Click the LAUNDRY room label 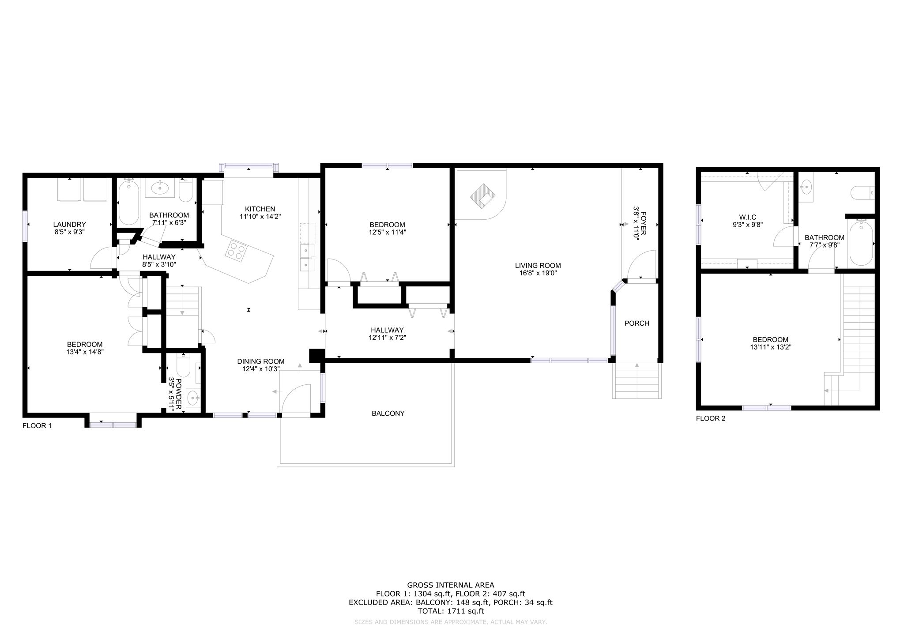pyautogui.click(x=69, y=225)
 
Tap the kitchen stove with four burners pyautogui.click(x=236, y=251)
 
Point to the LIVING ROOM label pyautogui.click(x=538, y=266)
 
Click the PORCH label pyautogui.click(x=637, y=323)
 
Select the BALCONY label pyautogui.click(x=388, y=413)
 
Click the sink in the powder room pyautogui.click(x=192, y=398)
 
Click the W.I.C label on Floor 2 pyautogui.click(x=748, y=217)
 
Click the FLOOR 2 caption pyautogui.click(x=711, y=418)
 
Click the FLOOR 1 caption pyautogui.click(x=37, y=426)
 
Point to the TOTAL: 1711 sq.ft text pyautogui.click(x=451, y=611)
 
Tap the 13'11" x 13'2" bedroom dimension pyautogui.click(x=770, y=347)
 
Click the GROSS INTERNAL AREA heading pyautogui.click(x=451, y=586)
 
